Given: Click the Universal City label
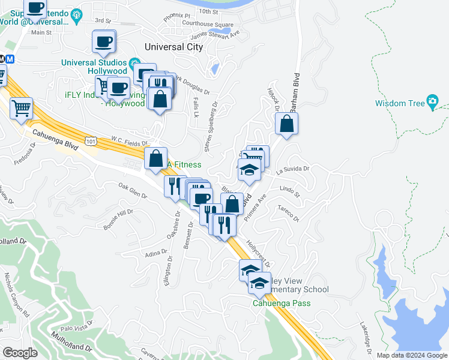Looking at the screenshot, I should click(174, 46).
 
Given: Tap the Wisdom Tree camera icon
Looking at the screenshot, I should click(432, 102).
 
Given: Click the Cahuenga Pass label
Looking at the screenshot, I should click(281, 302).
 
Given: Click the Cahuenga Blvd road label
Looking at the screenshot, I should click(55, 140).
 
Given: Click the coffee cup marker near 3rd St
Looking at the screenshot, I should click(104, 42).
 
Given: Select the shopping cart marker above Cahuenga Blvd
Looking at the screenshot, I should click(22, 109).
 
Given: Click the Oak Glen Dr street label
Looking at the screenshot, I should click(133, 190).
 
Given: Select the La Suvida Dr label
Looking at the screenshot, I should click(292, 170).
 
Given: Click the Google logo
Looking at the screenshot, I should click(20, 353).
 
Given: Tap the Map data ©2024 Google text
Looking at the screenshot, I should click(412, 355).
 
